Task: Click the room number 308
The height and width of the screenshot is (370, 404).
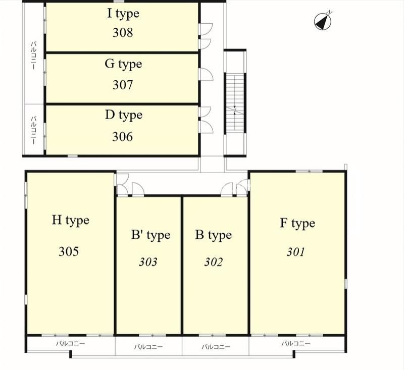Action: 123,33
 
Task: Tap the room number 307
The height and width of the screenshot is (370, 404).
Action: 123,85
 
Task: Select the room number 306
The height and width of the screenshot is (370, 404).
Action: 122,136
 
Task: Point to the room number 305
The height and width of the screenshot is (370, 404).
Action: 69,251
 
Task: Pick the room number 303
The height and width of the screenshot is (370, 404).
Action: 148,262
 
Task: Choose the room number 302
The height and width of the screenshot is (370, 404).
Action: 213,262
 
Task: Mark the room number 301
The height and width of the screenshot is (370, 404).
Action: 296,252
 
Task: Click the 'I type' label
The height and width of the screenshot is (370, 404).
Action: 123,14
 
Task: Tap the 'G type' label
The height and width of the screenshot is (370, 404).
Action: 123,65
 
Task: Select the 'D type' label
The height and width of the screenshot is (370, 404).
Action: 124,116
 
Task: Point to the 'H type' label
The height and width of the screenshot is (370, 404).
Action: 70,221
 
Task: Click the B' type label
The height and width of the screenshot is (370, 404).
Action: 150,235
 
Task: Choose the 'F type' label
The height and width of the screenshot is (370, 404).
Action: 297,224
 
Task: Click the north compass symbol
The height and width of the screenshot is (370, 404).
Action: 323,21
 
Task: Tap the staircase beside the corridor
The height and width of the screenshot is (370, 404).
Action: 235,103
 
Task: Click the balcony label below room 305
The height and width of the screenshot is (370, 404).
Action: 71,343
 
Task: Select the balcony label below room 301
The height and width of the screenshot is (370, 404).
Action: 296,343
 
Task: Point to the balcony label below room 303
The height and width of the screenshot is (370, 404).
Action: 148,347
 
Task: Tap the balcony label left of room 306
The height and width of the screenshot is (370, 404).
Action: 34,130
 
